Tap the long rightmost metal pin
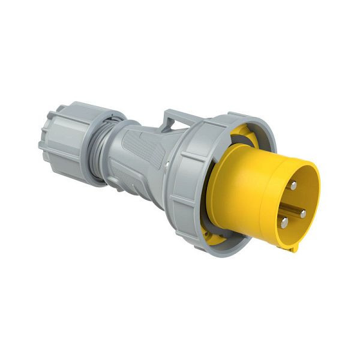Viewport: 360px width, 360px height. pos(302,213)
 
